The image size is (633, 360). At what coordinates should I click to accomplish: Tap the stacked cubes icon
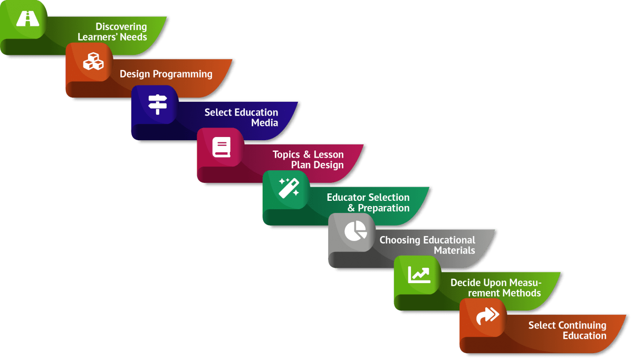point(93,62)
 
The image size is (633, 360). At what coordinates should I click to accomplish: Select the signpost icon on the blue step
point(157,104)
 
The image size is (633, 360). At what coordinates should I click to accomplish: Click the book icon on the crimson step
point(222,147)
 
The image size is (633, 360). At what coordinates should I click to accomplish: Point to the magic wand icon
point(289,188)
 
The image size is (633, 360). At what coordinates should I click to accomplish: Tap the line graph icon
point(419,274)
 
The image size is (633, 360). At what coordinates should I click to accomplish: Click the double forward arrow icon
point(487,316)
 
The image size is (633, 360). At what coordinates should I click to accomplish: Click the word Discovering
point(121,26)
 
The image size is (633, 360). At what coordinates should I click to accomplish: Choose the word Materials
point(454,250)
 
